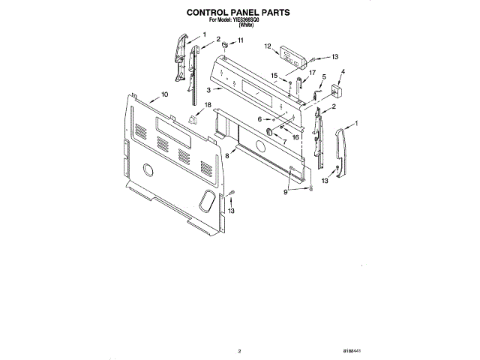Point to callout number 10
pos(163,95)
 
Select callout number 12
pos(268,46)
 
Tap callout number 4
pos(343,73)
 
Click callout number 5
pos(323,76)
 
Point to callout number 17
pos(311,72)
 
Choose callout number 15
pos(274,74)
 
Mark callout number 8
pos(226,155)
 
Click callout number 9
pos(285,192)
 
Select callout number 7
pos(284,142)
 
